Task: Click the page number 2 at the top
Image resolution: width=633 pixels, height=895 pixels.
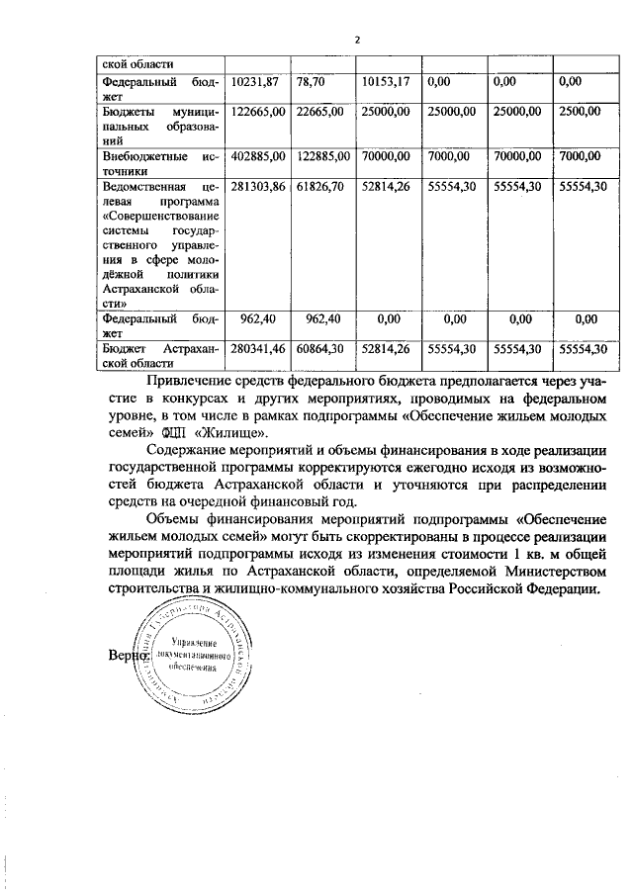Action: (x=358, y=41)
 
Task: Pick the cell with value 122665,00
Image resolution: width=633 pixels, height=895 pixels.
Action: (x=258, y=113)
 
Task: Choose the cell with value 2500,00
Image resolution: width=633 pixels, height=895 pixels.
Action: (x=580, y=113)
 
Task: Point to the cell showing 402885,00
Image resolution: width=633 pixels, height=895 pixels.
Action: (x=258, y=156)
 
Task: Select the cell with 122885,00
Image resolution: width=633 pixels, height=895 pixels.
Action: (x=323, y=156)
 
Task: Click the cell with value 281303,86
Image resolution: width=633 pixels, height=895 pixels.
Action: (x=258, y=186)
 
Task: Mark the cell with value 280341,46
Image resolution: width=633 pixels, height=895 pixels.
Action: (x=258, y=349)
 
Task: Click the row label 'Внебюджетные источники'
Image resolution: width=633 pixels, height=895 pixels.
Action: (x=160, y=163)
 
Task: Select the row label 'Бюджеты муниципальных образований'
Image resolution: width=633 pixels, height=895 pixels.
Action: (x=160, y=127)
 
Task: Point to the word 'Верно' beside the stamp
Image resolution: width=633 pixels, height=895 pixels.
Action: (x=130, y=656)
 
